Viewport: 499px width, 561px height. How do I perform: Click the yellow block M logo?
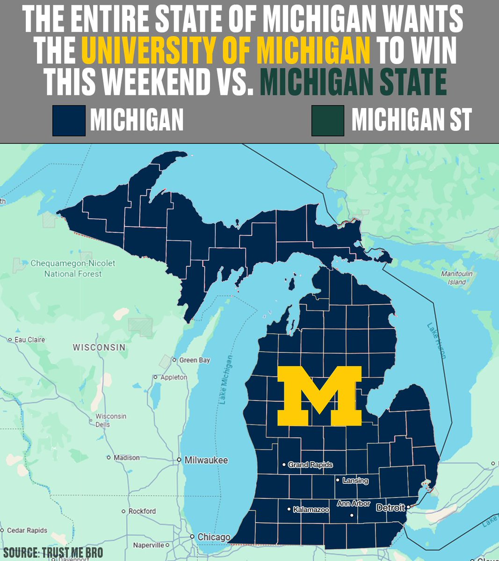320,396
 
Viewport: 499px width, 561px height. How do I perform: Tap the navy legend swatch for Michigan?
69,121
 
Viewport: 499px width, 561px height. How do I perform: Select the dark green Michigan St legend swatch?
328,121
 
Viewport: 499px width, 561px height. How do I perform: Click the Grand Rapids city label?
310,465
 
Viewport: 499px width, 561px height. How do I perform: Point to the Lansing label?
355,481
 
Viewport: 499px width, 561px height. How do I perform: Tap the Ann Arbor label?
354,504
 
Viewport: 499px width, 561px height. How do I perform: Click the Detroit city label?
391,508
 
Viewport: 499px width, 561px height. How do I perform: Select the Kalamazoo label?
311,510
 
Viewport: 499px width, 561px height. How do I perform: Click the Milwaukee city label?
206,460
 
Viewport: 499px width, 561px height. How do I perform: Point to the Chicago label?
214,537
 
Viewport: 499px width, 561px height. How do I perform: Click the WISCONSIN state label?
99,347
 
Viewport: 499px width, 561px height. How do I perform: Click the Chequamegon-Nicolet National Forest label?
73,268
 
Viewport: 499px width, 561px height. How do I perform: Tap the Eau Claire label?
30,339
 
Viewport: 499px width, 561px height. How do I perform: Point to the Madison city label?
127,458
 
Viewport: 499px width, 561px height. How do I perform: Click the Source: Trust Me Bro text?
53,553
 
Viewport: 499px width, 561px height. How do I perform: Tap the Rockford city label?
142,511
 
